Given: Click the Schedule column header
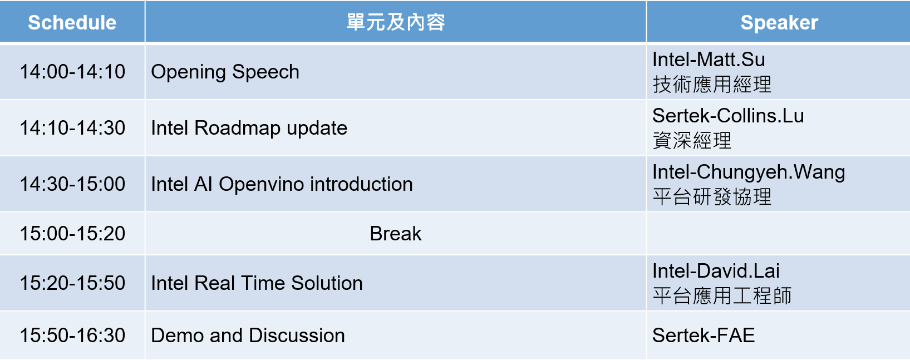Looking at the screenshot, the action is pyautogui.click(x=72, y=22).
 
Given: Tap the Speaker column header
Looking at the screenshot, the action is pyautogui.click(x=779, y=22).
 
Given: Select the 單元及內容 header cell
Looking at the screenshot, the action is pyautogui.click(x=396, y=22).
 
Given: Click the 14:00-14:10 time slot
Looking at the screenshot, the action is pyautogui.click(x=72, y=72).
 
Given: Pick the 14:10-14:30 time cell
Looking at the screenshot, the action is pyautogui.click(x=72, y=127).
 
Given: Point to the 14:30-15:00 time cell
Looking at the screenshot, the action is pyautogui.click(x=72, y=184).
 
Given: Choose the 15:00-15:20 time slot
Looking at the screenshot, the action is pyautogui.click(x=72, y=233).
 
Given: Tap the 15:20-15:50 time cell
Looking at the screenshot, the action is pyautogui.click(x=72, y=283).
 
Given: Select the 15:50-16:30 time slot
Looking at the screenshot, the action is pyautogui.click(x=72, y=335).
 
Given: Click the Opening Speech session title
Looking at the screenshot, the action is pyautogui.click(x=225, y=72).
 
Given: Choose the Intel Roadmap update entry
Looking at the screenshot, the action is pyautogui.click(x=249, y=129).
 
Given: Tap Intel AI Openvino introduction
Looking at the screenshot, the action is pyautogui.click(x=282, y=185).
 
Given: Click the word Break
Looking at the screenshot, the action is pyautogui.click(x=396, y=233).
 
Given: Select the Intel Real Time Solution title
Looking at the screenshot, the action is pyautogui.click(x=257, y=283).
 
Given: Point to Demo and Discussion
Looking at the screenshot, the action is pyautogui.click(x=248, y=335).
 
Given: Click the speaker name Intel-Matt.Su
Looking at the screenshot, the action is pyautogui.click(x=709, y=60).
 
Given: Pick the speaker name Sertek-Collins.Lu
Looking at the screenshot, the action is pyautogui.click(x=728, y=115).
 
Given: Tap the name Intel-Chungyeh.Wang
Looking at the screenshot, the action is pyautogui.click(x=748, y=172).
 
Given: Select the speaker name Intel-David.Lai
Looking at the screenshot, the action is pyautogui.click(x=716, y=270).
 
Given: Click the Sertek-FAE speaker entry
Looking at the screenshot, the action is pyautogui.click(x=703, y=335).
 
